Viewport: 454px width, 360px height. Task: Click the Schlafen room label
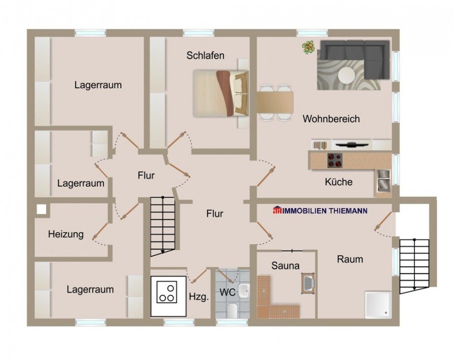pyautogui.click(x=205, y=56)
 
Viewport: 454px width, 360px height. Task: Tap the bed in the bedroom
pyautogui.click(x=220, y=93)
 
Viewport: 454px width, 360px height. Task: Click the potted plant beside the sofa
pyautogui.click(x=309, y=47)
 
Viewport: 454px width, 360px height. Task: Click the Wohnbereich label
pyautogui.click(x=331, y=119)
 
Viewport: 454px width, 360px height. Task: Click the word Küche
pyautogui.click(x=339, y=182)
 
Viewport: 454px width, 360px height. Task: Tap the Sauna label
pyautogui.click(x=285, y=266)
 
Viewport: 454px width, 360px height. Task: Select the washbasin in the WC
pyautogui.click(x=244, y=290)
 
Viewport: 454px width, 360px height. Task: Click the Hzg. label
pyautogui.click(x=199, y=297)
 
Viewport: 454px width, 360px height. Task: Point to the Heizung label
pyautogui.click(x=66, y=234)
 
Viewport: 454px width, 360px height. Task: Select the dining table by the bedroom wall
pyautogui.click(x=275, y=103)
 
